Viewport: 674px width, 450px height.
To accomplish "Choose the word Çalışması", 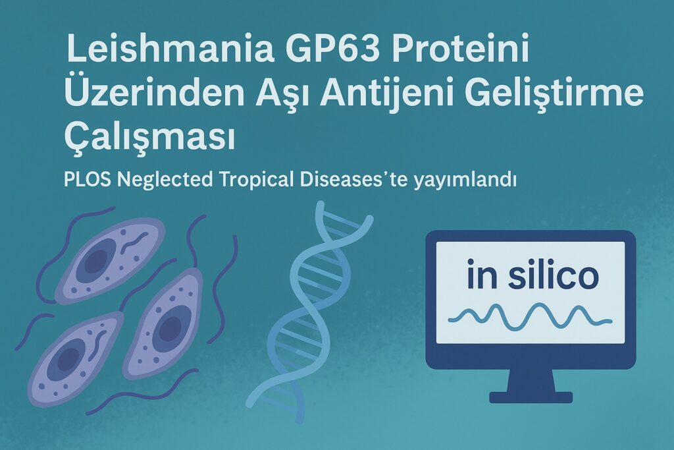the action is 150,138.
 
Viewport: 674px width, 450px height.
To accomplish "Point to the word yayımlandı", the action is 465,181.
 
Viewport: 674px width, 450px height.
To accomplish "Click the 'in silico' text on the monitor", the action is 532,275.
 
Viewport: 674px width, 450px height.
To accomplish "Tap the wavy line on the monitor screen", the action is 531,317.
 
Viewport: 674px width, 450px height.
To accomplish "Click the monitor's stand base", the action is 531,397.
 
